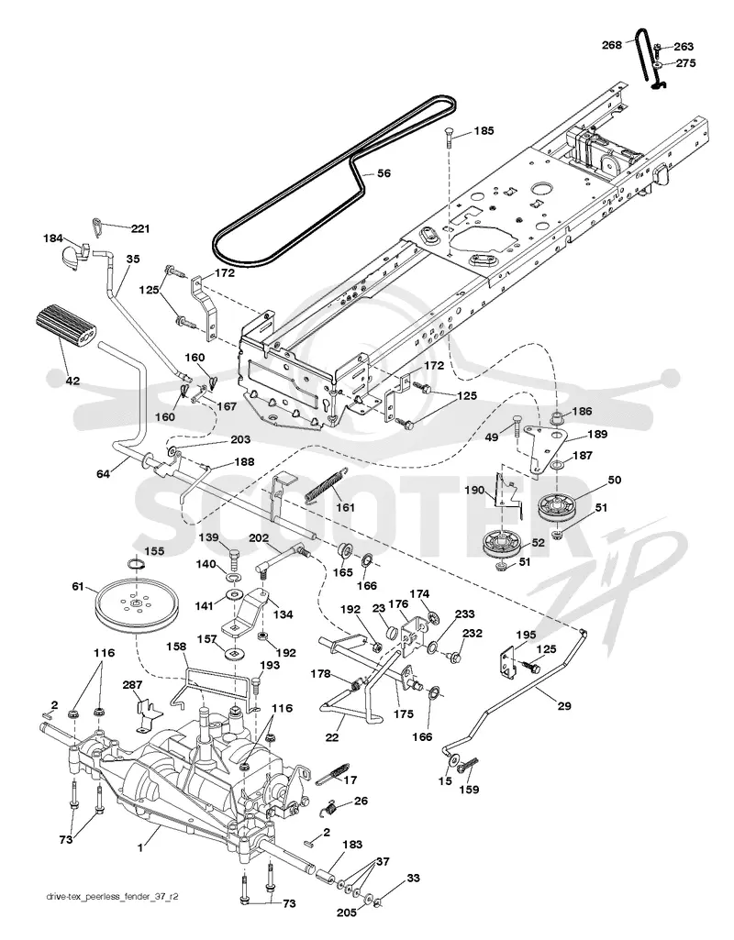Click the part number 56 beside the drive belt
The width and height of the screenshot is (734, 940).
[384, 174]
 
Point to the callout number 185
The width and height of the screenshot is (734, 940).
[484, 130]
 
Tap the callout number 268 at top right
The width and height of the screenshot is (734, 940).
[612, 44]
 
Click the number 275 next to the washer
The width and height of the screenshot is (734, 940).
[685, 63]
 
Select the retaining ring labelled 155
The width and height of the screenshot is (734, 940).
[136, 564]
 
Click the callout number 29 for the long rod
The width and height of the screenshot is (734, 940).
[564, 706]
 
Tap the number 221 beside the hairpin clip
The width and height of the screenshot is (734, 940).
[140, 228]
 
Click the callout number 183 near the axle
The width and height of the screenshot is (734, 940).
[352, 844]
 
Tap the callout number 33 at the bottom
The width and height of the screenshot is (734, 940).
[413, 879]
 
